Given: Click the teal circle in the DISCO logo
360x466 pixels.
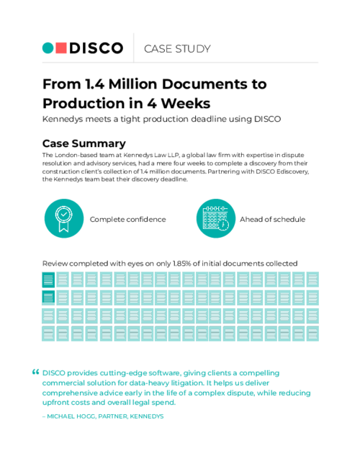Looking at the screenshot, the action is [x=48, y=48].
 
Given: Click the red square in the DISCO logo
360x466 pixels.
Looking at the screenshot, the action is [x=61, y=48].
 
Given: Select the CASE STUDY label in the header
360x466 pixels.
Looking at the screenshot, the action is [x=177, y=49].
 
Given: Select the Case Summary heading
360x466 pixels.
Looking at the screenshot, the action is [x=84, y=143].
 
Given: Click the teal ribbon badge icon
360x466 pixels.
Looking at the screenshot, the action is [x=63, y=218].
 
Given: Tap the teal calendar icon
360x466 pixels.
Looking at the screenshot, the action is [x=215, y=218].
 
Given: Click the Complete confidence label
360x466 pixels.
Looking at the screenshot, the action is [x=127, y=219].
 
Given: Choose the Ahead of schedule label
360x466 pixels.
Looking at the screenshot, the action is [x=272, y=219].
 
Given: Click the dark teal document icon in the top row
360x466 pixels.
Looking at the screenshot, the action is [x=49, y=280].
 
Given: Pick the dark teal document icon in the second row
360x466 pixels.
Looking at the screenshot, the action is [x=49, y=297].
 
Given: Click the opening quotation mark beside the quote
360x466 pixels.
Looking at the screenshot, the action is [x=35, y=372].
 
